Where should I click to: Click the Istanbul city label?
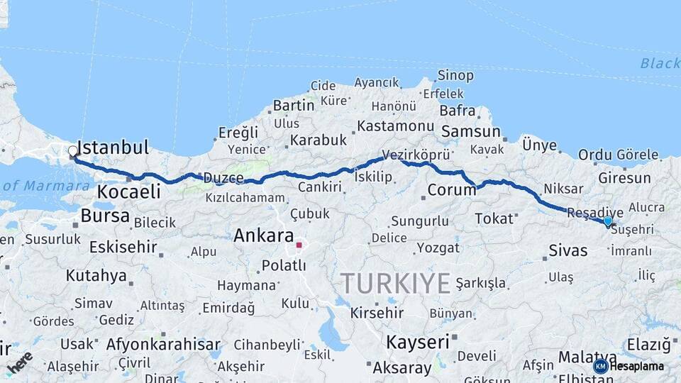[x=113, y=148]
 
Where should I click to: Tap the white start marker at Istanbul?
[x=72, y=151]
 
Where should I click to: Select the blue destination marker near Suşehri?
[x=607, y=221]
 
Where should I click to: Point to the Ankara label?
[x=263, y=235]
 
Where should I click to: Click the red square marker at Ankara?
[x=299, y=245]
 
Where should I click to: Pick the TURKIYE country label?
[x=395, y=284]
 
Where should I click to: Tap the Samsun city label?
[x=471, y=132]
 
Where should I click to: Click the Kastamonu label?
[x=395, y=126]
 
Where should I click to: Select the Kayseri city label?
[x=418, y=342]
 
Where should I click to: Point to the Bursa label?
[x=105, y=215]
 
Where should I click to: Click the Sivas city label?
[x=568, y=250]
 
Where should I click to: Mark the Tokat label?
[x=494, y=218]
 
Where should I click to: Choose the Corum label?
[x=452, y=190]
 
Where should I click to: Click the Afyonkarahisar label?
[x=163, y=345]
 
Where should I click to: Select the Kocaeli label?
[x=128, y=191]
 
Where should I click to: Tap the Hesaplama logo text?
[x=636, y=366]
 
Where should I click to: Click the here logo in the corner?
[x=19, y=361]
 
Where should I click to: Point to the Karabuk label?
[x=318, y=139]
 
